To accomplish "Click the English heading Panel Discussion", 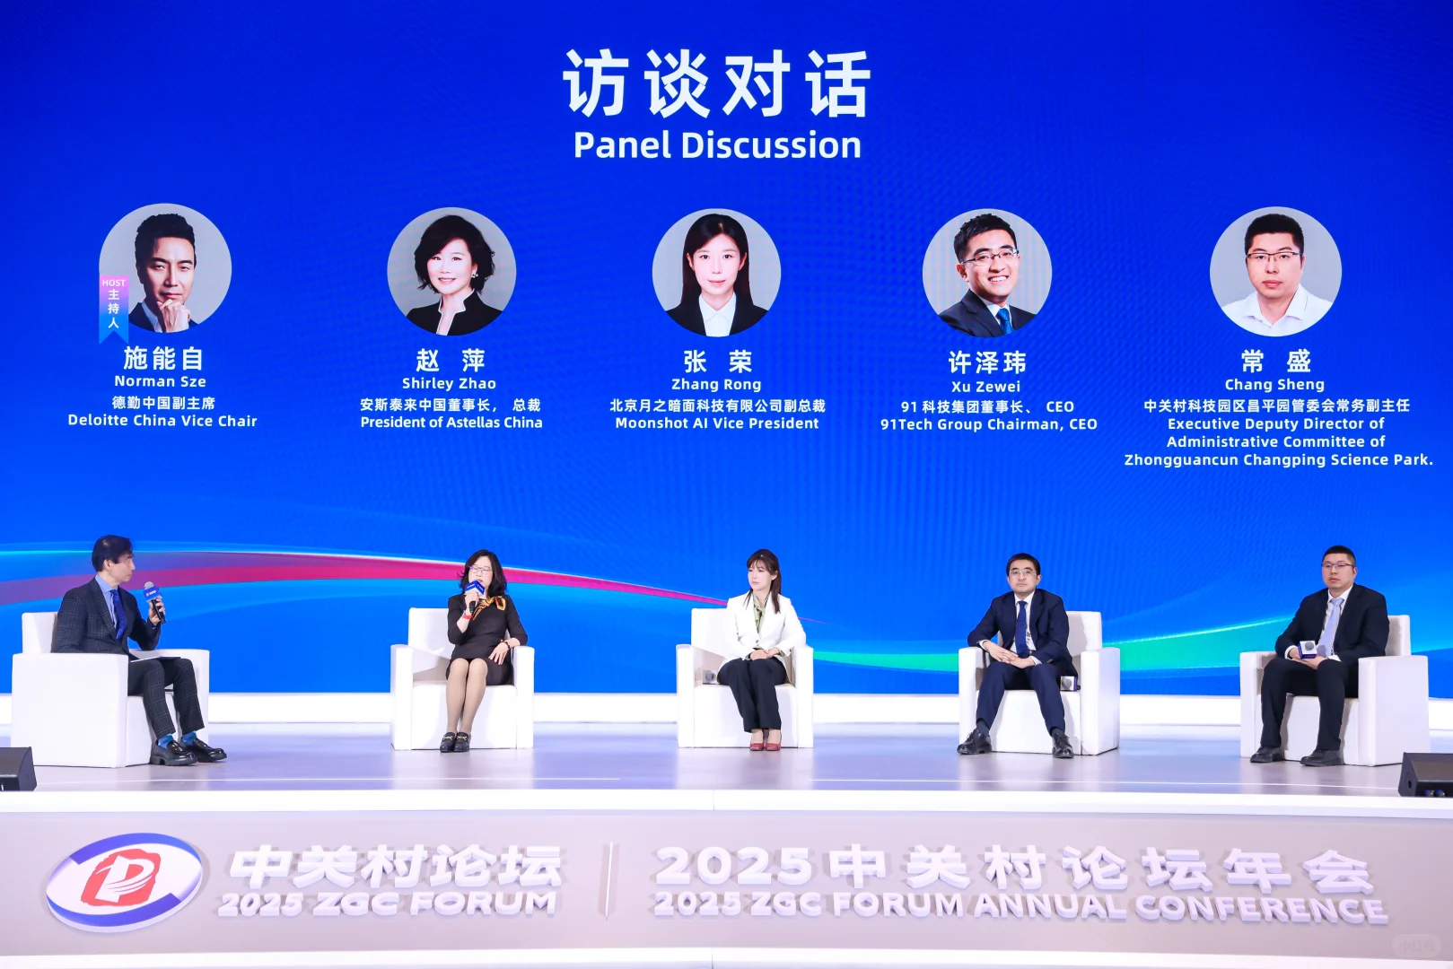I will tap(717, 145).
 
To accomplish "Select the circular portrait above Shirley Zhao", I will tap(451, 272).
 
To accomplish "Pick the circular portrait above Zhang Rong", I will tap(716, 273).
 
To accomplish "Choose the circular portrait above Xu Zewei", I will tap(986, 273).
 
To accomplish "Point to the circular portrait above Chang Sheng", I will tap(1275, 272).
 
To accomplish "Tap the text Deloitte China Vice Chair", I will tap(162, 421).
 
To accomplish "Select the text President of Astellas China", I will tap(451, 423).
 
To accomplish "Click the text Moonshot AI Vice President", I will tap(717, 423).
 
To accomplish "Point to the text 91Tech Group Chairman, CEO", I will tap(988, 424).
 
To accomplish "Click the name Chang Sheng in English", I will tap(1274, 385).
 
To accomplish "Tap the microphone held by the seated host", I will tap(153, 598).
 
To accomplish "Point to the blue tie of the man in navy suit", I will tap(1021, 627).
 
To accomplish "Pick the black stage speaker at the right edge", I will tap(1427, 774).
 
